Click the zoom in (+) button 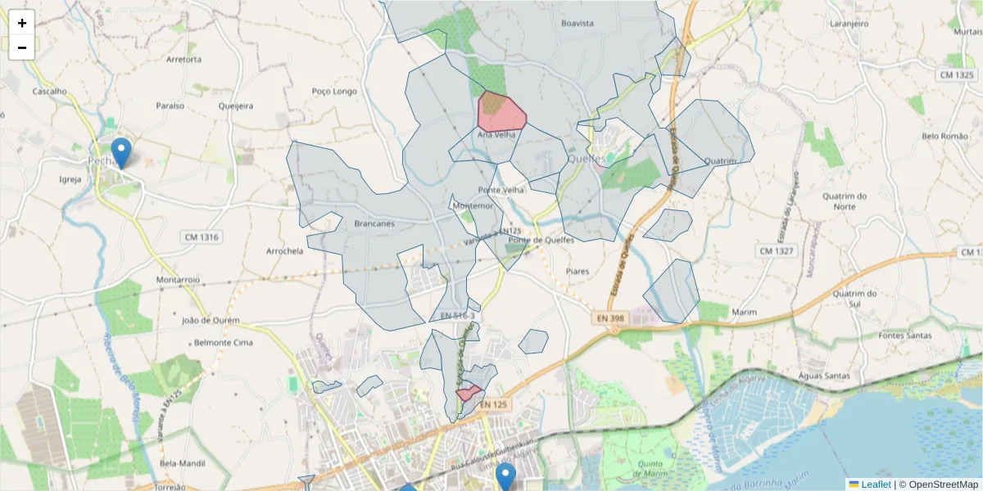pos(22,23)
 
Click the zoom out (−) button pos(22,47)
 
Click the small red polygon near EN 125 pos(468,394)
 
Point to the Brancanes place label pos(374,223)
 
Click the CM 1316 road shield pos(202,237)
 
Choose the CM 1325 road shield pos(957,74)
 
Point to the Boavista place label pos(577,24)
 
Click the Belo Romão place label pos(944,136)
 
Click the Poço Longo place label pos(334,92)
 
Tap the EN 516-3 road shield pos(456,316)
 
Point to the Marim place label pos(744,312)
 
